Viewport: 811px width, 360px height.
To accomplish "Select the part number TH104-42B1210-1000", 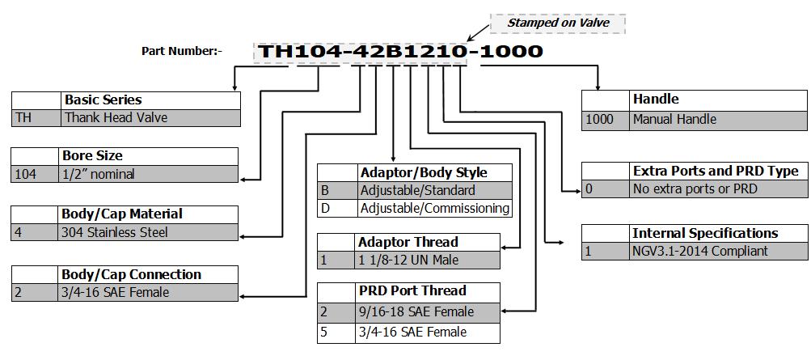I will click(400, 52).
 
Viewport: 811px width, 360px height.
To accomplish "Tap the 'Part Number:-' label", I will click(182, 51).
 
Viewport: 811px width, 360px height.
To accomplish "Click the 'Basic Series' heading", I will click(103, 100).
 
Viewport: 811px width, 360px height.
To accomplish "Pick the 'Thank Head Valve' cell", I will click(150, 117).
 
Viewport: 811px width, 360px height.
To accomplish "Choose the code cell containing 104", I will click(36, 174).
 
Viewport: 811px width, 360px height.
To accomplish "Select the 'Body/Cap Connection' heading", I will click(132, 274).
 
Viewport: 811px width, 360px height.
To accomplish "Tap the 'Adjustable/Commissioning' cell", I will click(434, 208).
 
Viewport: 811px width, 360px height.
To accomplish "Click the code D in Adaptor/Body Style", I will click(336, 208).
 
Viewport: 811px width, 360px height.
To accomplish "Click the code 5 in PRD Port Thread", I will click(336, 332).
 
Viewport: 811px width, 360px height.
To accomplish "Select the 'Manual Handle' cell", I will click(717, 119).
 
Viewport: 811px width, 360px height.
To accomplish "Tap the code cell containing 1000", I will click(605, 119).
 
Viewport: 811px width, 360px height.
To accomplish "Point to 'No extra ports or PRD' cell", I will click(717, 189).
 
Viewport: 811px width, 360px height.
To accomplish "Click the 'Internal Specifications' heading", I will click(705, 233).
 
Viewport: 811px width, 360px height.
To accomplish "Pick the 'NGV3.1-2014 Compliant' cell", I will click(717, 251).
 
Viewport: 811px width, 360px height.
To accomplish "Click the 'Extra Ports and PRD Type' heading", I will click(716, 171).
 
